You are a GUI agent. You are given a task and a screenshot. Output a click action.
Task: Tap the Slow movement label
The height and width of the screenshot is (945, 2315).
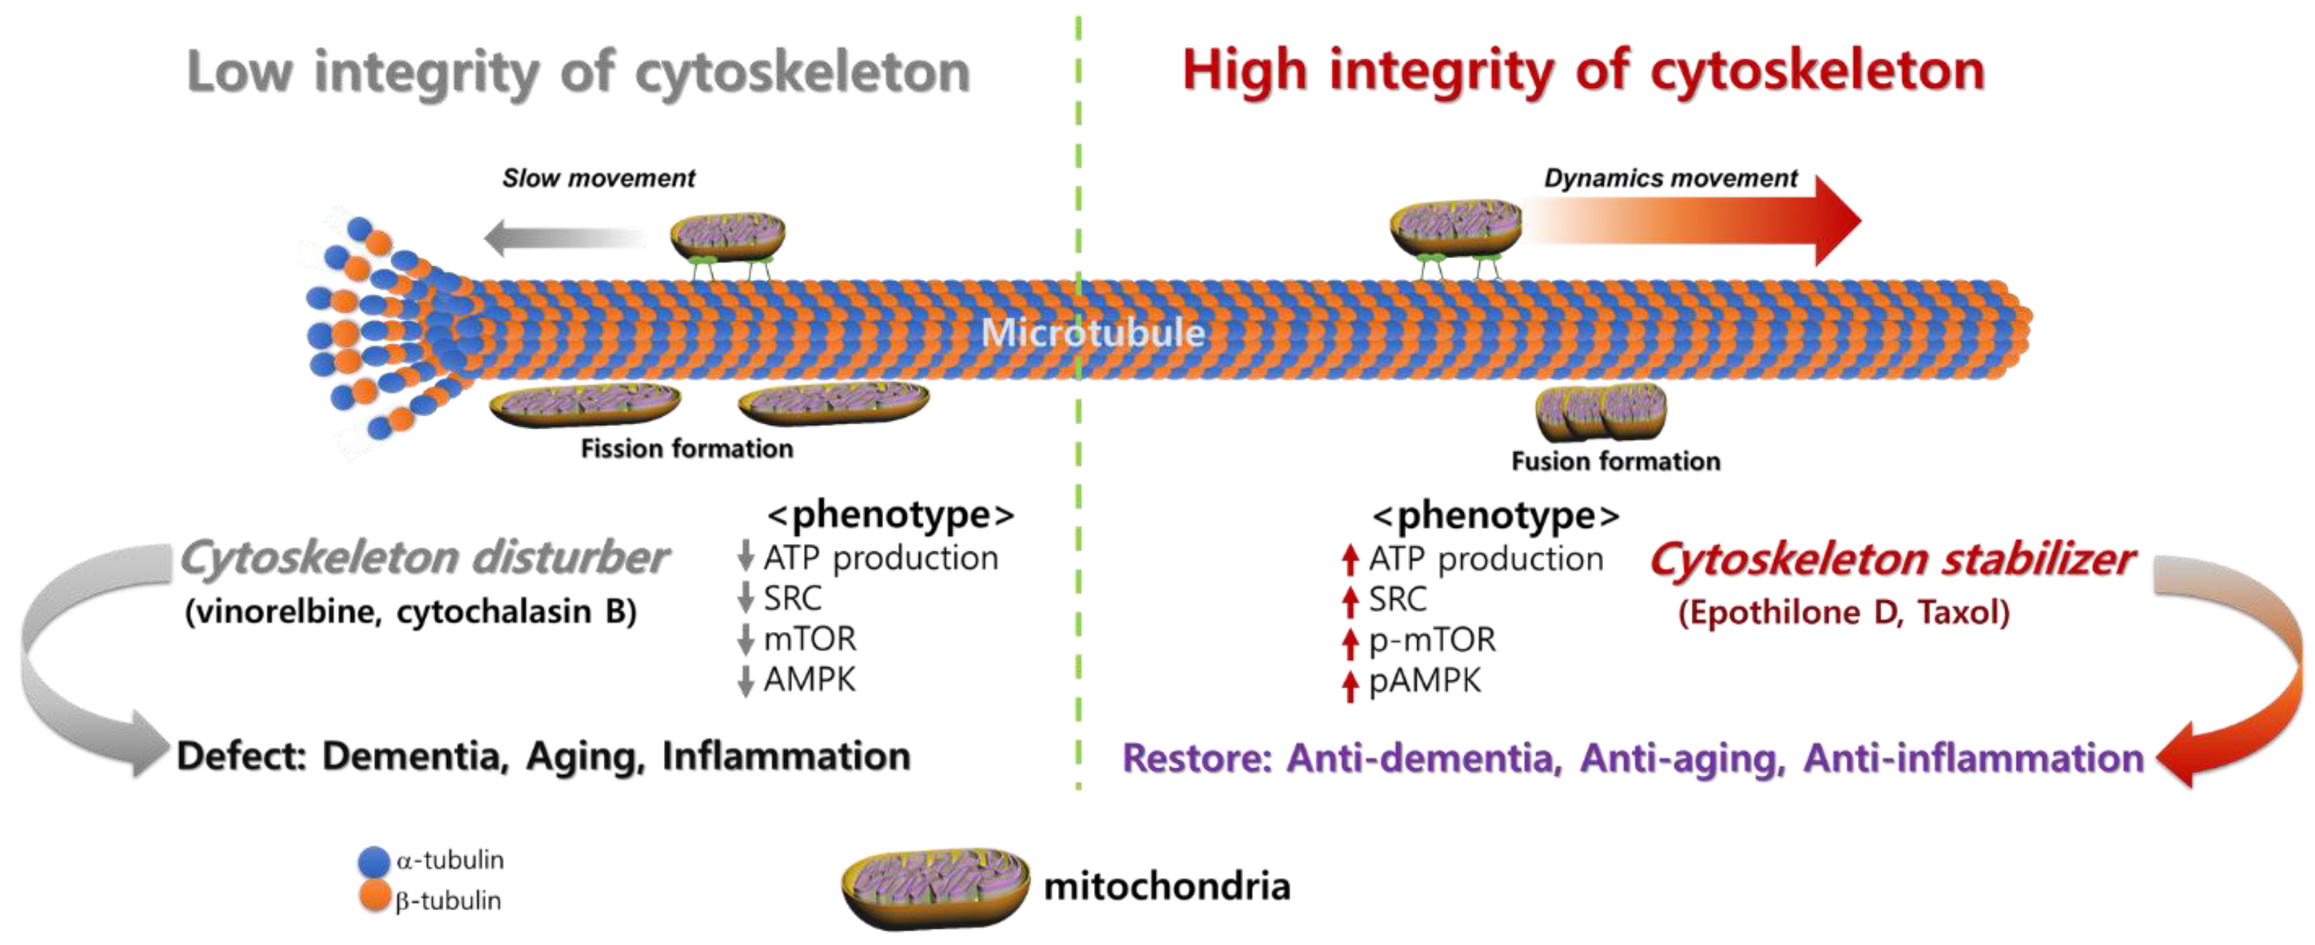599,178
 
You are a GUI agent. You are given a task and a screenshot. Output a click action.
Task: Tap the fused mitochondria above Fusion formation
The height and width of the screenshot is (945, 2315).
1601,412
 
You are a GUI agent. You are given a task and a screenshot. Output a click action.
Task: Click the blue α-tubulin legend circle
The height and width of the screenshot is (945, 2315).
374,861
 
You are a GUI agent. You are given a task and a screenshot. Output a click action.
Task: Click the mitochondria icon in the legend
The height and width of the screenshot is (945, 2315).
935,886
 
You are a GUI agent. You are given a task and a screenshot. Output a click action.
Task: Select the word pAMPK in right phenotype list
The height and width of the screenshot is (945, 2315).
1425,681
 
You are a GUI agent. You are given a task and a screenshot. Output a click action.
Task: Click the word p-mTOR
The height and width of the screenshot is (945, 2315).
1432,640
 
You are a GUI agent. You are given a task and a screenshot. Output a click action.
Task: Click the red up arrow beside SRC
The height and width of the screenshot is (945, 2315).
1349,599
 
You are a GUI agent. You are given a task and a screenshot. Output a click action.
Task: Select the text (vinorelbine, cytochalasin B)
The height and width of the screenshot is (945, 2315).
411,612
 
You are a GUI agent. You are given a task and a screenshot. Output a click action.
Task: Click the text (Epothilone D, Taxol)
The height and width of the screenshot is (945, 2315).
1843,612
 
